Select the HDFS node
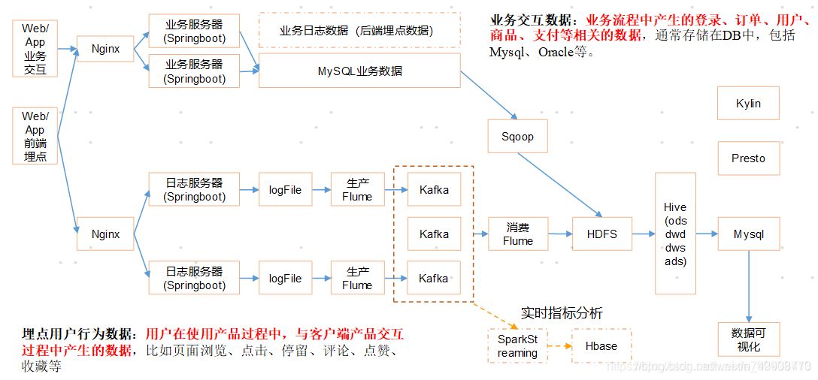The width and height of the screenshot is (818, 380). coord(601,234)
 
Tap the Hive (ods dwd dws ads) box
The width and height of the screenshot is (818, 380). coord(675,234)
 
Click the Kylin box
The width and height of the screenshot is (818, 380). coord(748,104)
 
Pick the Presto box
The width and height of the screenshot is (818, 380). coord(748,158)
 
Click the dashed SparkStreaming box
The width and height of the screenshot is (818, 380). coord(517,346)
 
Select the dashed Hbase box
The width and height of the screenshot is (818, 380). coord(601,346)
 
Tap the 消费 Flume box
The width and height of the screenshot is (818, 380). coord(517,234)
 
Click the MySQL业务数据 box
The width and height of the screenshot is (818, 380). coord(359,71)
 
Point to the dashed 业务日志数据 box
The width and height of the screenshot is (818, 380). coord(359,31)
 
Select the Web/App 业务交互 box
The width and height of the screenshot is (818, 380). coord(35,49)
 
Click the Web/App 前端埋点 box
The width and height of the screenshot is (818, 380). coord(35,136)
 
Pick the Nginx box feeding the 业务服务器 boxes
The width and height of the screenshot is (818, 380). coord(105,49)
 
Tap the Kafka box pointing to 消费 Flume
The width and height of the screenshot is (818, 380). coord(434,234)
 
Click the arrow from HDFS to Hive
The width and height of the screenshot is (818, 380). coord(643,234)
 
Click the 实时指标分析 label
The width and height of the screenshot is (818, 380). coord(562,313)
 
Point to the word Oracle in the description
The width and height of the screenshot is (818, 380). coord(558,53)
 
